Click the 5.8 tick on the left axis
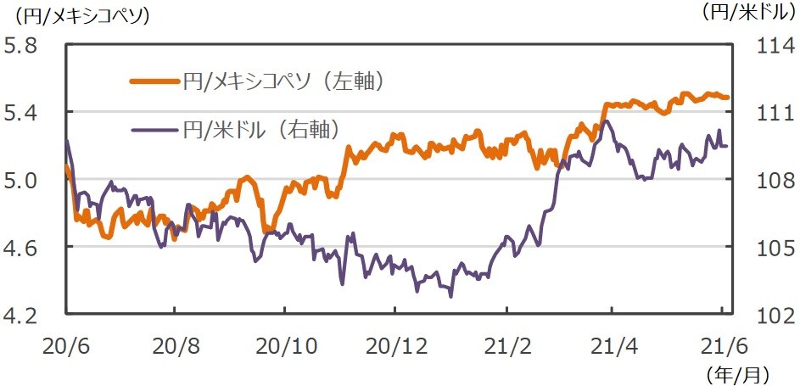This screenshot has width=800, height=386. point(23,46)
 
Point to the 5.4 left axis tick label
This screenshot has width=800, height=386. point(23,113)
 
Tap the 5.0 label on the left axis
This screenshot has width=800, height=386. point(23,181)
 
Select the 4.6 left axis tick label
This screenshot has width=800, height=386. point(23,248)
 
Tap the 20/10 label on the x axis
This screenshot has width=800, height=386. point(285,346)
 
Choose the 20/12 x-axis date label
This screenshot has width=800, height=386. point(394,346)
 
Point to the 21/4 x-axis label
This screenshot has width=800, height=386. point(613,346)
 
